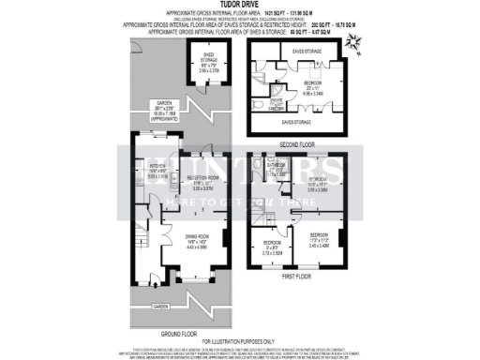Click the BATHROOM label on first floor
[x=275, y=169]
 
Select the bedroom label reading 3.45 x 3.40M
[x=320, y=240]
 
